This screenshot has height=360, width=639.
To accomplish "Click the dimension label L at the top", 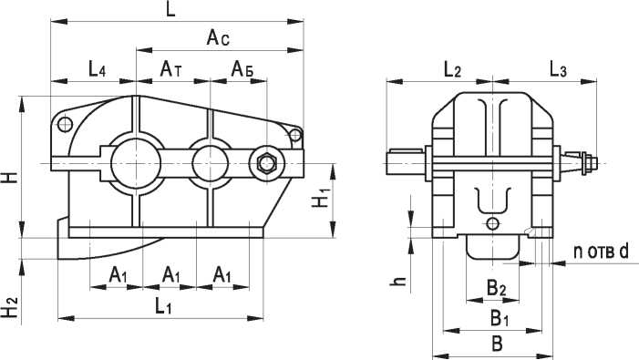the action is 171,9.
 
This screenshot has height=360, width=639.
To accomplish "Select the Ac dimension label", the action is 218,37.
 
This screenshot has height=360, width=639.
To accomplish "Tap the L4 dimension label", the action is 98,69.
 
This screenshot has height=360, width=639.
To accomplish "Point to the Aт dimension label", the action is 170,69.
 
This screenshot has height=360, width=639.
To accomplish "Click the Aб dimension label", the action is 242,69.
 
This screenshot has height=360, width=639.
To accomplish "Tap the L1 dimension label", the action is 163,306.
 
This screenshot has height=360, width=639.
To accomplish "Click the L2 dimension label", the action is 451,69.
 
